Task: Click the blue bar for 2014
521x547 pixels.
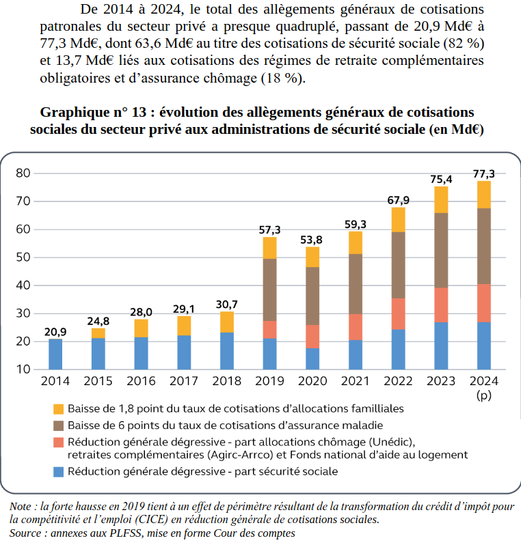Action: [x=55, y=354]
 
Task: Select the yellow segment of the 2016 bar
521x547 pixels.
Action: [x=141, y=328]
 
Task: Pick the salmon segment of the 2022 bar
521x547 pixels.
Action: [x=398, y=313]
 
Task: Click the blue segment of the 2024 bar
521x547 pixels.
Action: [x=483, y=346]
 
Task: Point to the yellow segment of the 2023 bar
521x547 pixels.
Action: [x=441, y=199]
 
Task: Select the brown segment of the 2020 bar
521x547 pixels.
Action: [x=312, y=296]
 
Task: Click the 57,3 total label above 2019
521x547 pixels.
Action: [x=269, y=230]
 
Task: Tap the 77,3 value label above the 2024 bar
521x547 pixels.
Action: [x=483, y=174]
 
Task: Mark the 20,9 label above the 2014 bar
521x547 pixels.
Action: [x=55, y=332]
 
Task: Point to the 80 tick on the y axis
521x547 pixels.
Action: [x=23, y=173]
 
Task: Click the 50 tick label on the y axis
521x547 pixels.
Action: [x=23, y=257]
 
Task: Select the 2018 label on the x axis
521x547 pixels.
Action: [x=226, y=381]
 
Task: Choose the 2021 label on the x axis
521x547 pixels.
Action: [x=355, y=381]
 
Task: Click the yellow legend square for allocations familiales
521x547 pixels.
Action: [x=58, y=409]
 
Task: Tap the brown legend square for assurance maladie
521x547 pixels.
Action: [x=58, y=425]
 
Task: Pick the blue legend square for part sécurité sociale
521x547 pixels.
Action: [x=58, y=471]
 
